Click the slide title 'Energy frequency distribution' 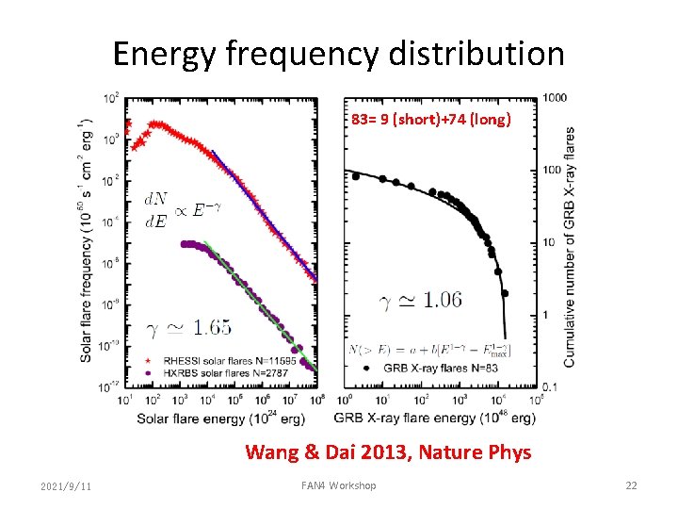339,54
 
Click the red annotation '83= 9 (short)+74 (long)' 431,120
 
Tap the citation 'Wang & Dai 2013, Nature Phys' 388,452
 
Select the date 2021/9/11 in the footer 67,485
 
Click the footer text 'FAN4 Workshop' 338,485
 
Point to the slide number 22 631,485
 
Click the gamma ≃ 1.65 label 188,327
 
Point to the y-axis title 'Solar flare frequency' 87,240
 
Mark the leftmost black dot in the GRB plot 355,175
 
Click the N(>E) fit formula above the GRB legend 428,350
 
